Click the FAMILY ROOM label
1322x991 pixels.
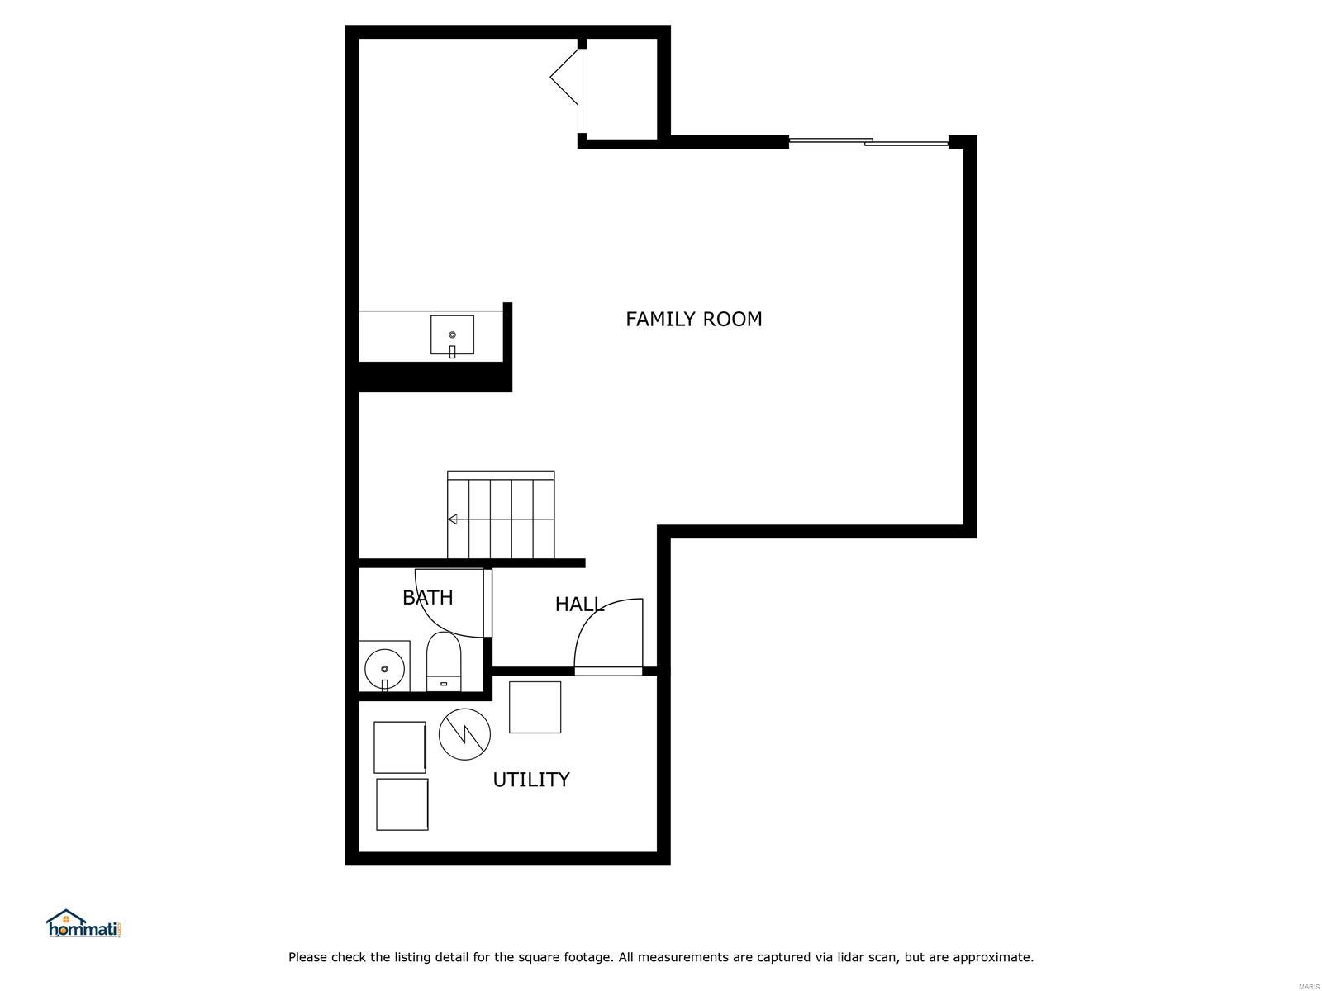point(693,319)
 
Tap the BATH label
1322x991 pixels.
point(428,597)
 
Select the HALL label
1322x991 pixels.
point(579,605)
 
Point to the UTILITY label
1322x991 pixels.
point(530,780)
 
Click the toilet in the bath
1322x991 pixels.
point(443,661)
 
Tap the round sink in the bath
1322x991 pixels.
point(384,669)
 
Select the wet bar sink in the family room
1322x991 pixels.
point(452,335)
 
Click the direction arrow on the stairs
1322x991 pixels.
point(452,519)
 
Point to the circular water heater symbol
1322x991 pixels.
point(464,734)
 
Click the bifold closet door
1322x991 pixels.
point(565,77)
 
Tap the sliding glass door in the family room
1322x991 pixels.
point(868,142)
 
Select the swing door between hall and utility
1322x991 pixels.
point(608,638)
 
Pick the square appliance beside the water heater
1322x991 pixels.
point(535,707)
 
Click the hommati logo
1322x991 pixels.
point(83,923)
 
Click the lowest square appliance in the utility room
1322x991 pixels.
point(402,804)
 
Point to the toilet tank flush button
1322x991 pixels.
point(444,684)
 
